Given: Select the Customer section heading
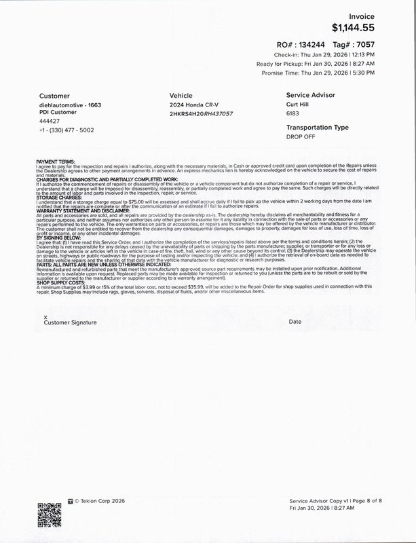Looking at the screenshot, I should tap(55, 96).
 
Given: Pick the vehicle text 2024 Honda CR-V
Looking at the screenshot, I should tap(194, 107).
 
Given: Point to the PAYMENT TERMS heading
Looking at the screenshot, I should tap(56, 161).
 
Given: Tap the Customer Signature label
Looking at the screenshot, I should tap(66, 321).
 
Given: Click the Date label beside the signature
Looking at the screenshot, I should tap(295, 321).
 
